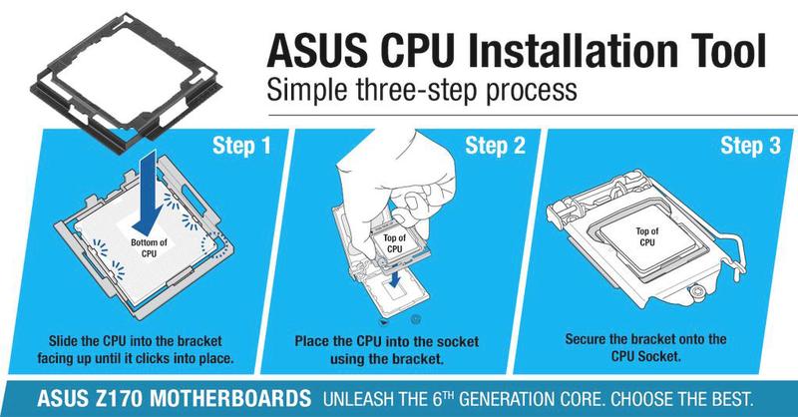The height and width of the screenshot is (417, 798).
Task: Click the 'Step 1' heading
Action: point(241,145)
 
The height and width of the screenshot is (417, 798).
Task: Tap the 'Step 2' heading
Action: point(495,145)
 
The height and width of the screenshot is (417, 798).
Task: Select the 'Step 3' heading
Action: point(750,145)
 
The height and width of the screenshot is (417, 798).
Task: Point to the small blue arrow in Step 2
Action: point(395,278)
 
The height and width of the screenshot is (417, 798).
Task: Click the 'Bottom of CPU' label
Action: point(149,248)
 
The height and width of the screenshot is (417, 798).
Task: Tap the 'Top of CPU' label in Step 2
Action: point(394,243)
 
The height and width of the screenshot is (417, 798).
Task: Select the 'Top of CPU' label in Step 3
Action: point(646,236)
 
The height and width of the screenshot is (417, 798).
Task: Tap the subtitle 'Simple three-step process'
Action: point(422,90)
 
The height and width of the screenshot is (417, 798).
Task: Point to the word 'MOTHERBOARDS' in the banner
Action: point(230,398)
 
